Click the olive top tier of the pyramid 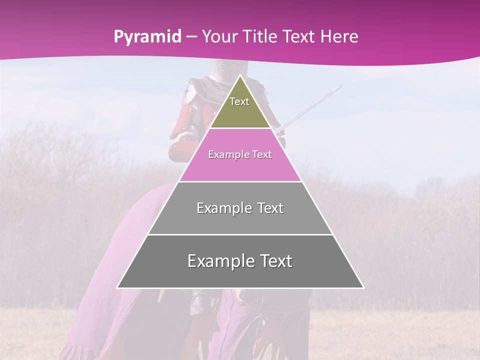point(240,112)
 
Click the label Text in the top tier point(239,101)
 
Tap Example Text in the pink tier point(240,155)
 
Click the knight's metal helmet point(220,70)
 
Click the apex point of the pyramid point(240,75)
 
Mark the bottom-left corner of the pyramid point(117,288)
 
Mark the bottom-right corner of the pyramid point(363,288)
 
